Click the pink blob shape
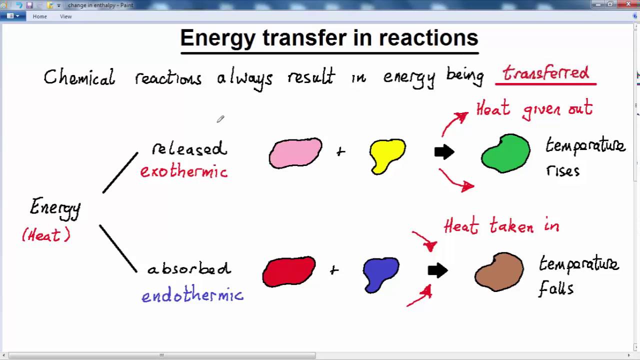click(x=295, y=152)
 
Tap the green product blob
click(x=505, y=153)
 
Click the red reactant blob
click(x=288, y=271)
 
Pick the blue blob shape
click(x=381, y=273)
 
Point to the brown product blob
click(x=499, y=272)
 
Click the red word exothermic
click(x=183, y=171)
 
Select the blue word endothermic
click(x=192, y=295)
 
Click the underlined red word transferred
click(x=545, y=73)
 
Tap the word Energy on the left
click(x=55, y=207)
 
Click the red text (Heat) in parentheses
click(x=46, y=235)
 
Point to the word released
click(x=189, y=149)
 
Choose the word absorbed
click(x=189, y=268)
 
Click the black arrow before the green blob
click(x=444, y=152)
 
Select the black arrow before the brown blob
click(x=437, y=271)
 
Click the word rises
click(x=562, y=171)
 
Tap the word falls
click(x=555, y=288)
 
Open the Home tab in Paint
click(x=39, y=16)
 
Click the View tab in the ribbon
click(x=65, y=16)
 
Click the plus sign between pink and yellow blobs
click(x=340, y=151)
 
